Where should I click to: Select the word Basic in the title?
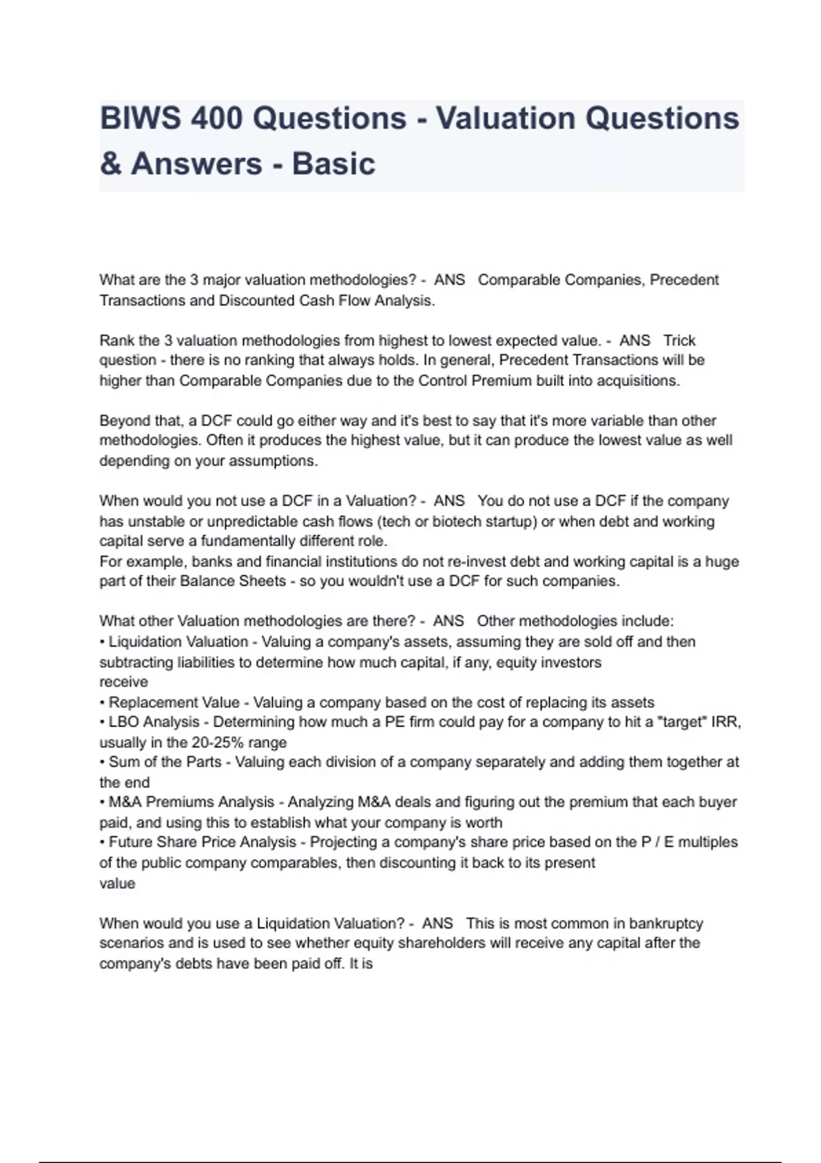[x=334, y=164]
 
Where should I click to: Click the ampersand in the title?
[x=110, y=164]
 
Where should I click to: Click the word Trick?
[x=679, y=341]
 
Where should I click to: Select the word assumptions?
[x=276, y=461]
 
